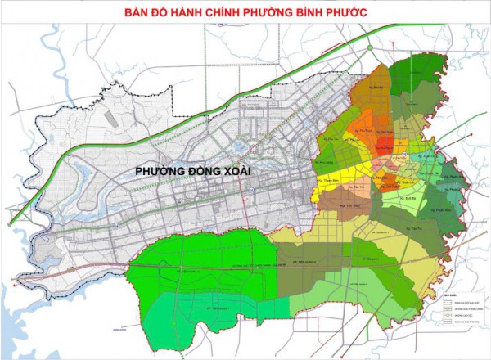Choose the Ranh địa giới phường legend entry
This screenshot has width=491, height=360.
tap(467, 322)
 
